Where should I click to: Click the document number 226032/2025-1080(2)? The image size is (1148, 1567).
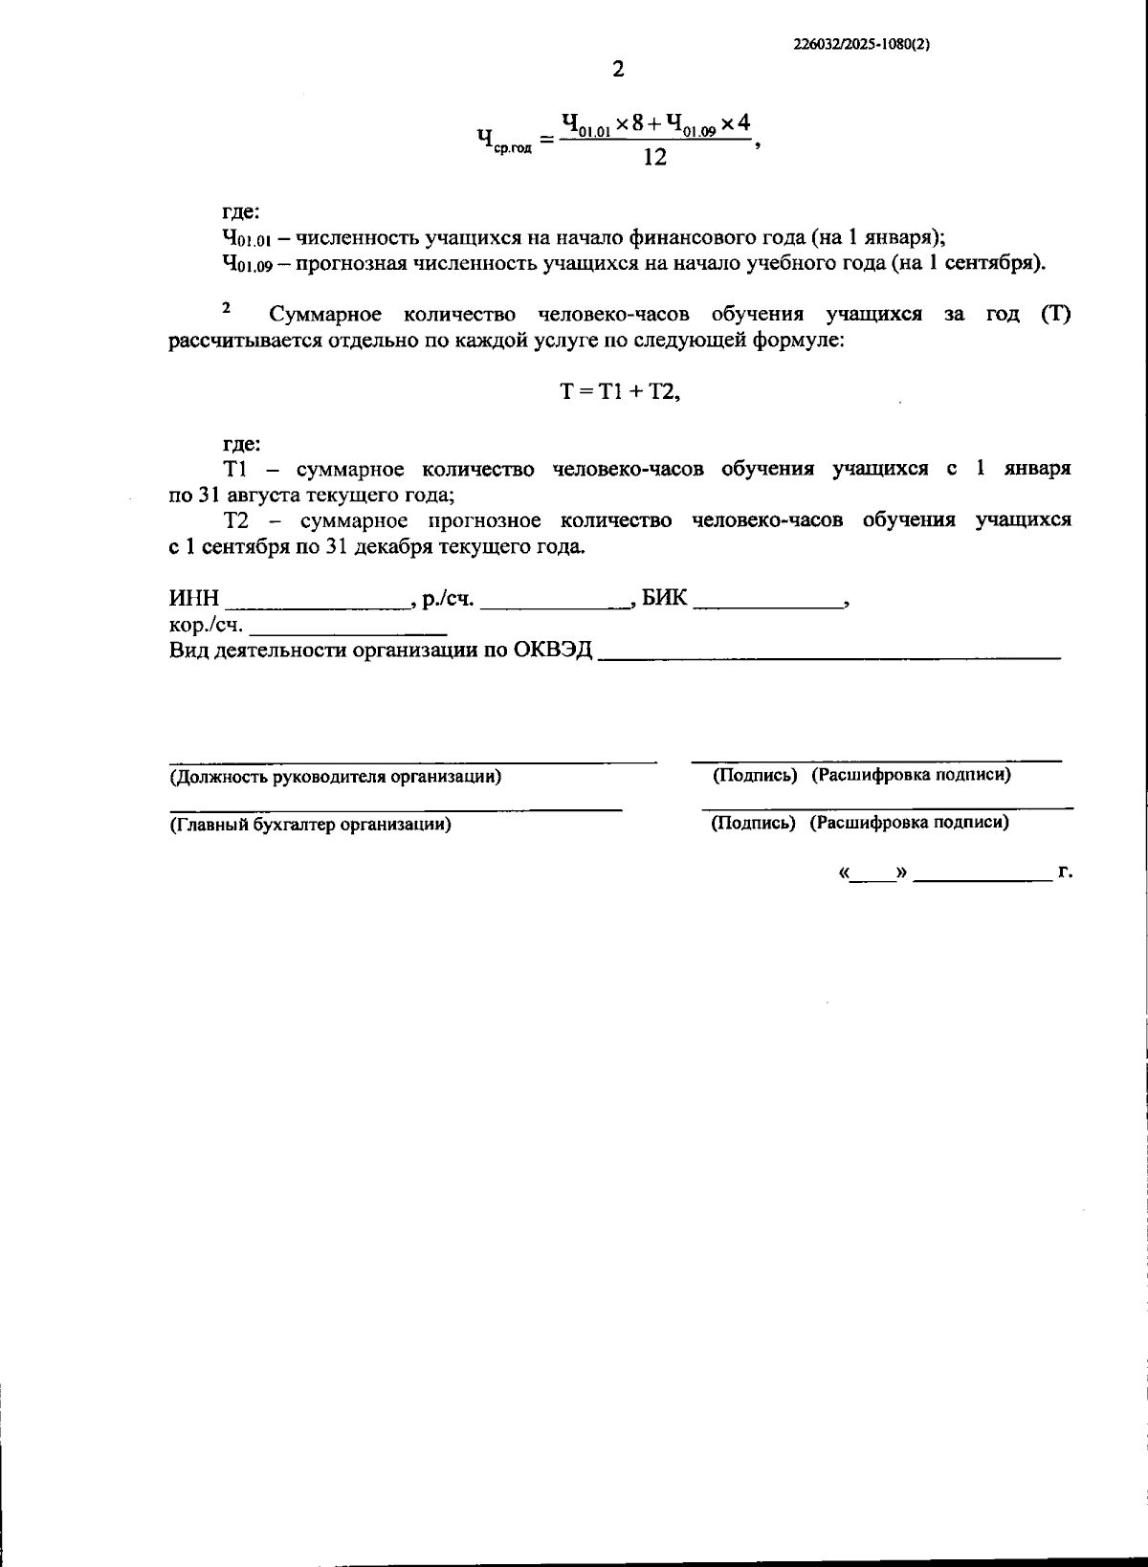861,44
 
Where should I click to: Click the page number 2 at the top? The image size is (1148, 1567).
617,70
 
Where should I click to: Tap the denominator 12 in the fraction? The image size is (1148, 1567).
655,158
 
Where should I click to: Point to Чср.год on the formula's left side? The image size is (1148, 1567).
504,142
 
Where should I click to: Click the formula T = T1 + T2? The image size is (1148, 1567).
619,391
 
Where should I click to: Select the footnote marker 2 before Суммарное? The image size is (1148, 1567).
227,307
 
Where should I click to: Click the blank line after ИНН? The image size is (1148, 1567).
317,604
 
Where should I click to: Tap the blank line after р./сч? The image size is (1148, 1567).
556,604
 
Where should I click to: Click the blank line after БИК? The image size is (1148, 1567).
768,604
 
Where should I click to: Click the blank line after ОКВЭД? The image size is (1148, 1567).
829,655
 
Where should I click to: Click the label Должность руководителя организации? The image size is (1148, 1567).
335,776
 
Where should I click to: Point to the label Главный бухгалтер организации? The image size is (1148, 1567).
310,824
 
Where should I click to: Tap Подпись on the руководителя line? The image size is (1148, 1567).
755,775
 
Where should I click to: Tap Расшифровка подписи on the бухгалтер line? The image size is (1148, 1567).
909,822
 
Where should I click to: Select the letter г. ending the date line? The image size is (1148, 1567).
1065,872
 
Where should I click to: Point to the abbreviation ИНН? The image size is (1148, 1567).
194,599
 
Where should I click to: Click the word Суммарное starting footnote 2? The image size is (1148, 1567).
326,315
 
